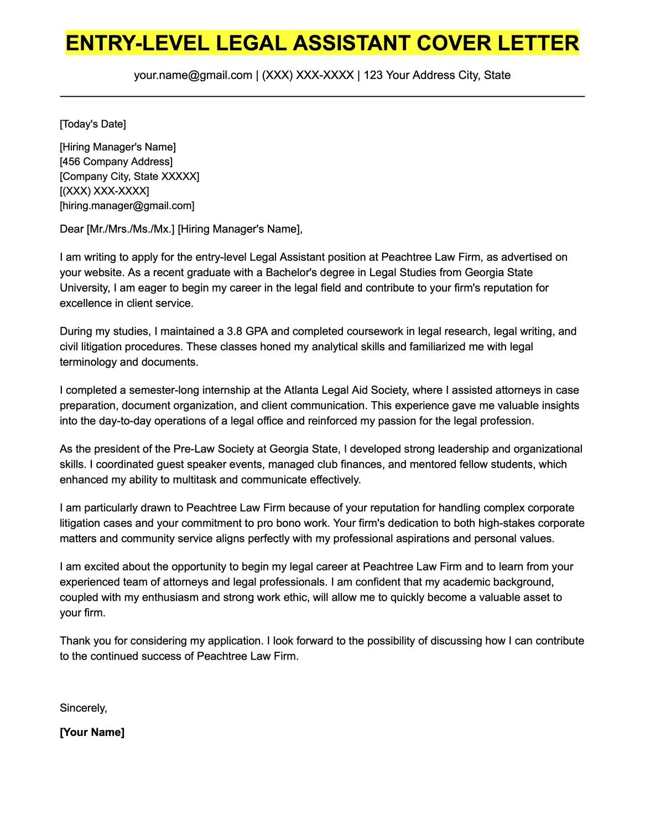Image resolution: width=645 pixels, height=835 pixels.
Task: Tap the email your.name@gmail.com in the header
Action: click(x=193, y=75)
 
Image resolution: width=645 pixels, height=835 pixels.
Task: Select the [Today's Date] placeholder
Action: click(x=93, y=124)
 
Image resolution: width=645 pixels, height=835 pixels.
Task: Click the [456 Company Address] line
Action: click(x=116, y=162)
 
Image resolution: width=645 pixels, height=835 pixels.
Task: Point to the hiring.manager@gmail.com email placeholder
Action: click(x=127, y=206)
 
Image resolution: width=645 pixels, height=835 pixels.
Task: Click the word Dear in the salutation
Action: click(x=72, y=229)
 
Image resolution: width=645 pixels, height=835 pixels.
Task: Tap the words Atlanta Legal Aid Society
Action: click(x=346, y=390)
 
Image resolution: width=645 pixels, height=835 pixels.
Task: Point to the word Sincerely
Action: click(x=83, y=708)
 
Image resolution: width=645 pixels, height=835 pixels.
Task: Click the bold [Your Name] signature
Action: click(x=92, y=732)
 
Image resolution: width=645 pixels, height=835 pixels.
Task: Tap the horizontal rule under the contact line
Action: click(x=322, y=96)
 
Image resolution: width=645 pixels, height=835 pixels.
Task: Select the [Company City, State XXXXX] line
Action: click(x=129, y=177)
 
